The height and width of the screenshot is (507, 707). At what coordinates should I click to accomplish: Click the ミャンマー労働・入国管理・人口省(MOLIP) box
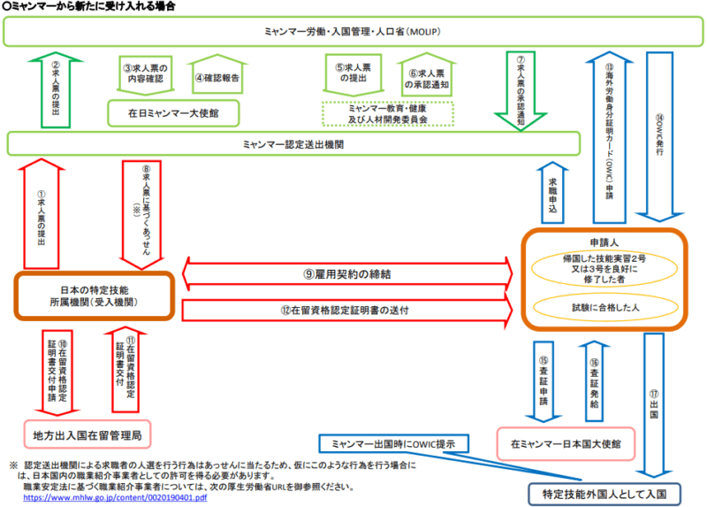pos(353,32)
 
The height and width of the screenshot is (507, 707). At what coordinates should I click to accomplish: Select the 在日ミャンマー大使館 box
pos(175,112)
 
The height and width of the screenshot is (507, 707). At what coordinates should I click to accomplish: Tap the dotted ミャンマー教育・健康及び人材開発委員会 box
pos(388,111)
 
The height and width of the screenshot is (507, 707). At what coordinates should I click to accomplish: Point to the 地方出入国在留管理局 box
pos(93,434)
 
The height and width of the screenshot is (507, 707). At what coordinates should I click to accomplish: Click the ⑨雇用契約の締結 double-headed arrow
pos(349,274)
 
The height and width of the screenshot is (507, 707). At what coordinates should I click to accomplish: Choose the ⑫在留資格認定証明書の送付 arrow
pos(349,310)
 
